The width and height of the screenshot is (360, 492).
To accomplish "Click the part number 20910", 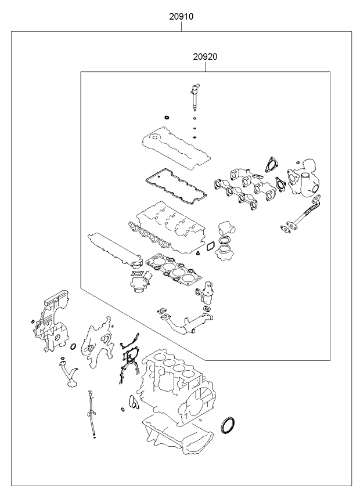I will [181, 17].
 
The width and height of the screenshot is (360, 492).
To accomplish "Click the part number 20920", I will [205, 57].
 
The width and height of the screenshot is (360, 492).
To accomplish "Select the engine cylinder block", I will [174, 383].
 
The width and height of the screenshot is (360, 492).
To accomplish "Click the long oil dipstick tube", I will [92, 414].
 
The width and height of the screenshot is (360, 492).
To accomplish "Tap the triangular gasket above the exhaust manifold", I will [268, 164].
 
